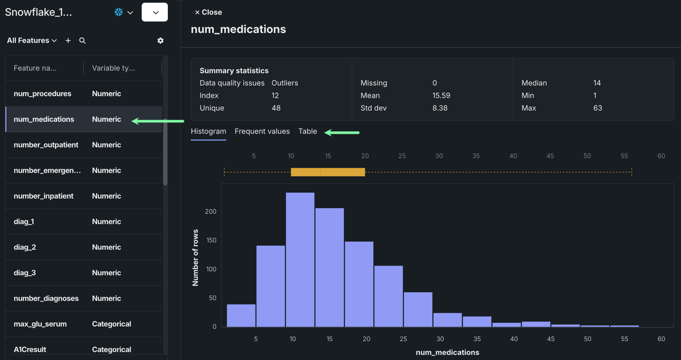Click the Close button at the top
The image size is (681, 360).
[208, 12]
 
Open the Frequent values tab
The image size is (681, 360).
[262, 131]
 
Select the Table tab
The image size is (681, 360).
[307, 131]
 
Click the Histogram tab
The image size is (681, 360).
[208, 131]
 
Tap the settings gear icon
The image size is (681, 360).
[160, 40]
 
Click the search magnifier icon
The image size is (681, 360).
[82, 40]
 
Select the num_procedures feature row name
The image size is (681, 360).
[42, 94]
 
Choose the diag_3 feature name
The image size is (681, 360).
[25, 273]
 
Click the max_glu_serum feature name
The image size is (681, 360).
[40, 324]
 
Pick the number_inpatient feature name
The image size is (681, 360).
[43, 196]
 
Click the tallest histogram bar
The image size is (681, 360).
[300, 260]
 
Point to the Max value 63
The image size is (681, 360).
[597, 108]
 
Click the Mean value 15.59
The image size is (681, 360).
[441, 96]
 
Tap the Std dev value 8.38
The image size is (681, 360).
[440, 108]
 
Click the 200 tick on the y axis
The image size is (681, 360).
[211, 212]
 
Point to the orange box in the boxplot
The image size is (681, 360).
[328, 172]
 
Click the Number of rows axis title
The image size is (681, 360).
[195, 258]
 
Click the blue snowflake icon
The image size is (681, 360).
[119, 12]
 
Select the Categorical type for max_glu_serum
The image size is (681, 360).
[111, 324]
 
